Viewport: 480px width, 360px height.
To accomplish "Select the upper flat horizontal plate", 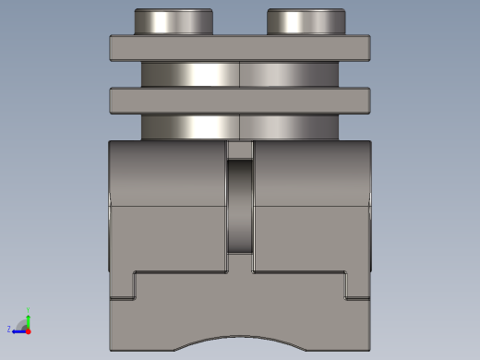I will coord(240,48).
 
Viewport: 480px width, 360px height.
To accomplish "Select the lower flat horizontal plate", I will coord(240,101).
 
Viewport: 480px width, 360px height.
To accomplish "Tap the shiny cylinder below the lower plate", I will coord(240,127).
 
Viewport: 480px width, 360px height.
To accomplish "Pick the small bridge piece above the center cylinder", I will coord(240,150).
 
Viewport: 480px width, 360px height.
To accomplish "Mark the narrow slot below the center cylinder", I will coord(240,264).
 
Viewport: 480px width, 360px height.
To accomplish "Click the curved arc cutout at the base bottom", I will coord(240,340).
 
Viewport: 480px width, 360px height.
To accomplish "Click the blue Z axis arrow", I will coord(18,330).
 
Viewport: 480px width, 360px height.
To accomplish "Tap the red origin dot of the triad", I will coord(28,330).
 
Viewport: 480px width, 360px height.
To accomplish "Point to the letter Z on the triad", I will coord(9,330).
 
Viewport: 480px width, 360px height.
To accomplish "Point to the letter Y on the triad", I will coord(29,310).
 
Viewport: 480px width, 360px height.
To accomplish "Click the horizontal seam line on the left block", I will coord(167,206).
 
